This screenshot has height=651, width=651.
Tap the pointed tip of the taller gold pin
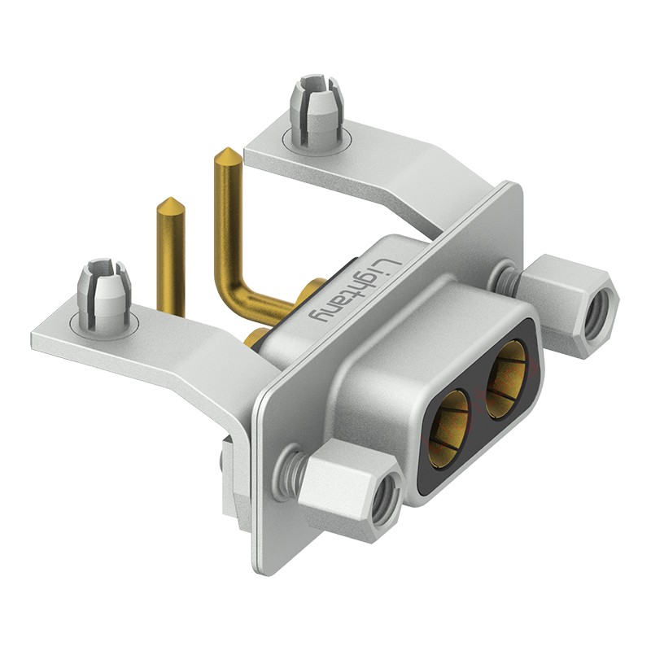pyautogui.click(x=226, y=149)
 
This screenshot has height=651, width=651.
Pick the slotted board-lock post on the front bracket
pyautogui.click(x=104, y=295)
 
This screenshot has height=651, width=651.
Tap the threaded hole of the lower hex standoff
pyautogui.click(x=384, y=501)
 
